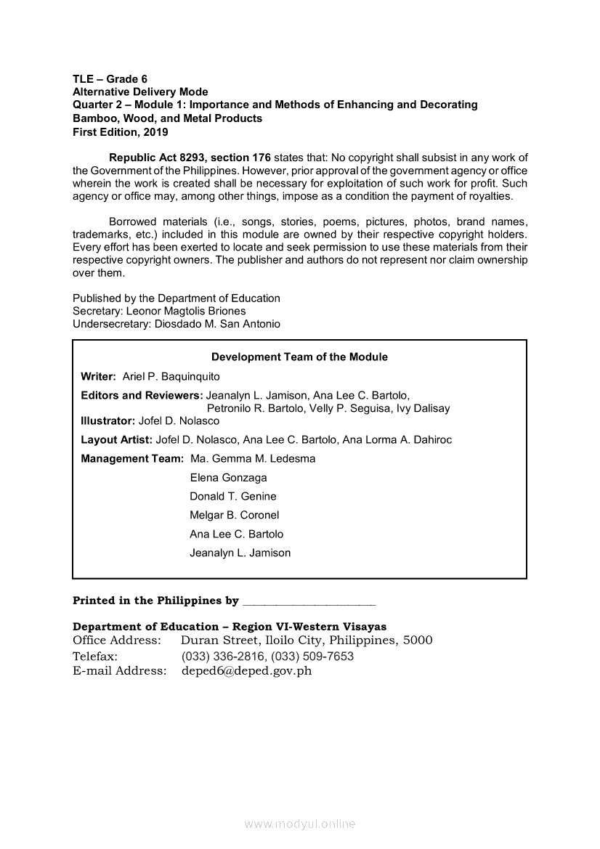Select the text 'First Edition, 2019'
(121, 132)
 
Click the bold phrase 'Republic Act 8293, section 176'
(190, 158)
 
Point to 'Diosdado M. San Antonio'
(217, 324)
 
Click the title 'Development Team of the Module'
(299, 357)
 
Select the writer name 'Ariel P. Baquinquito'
(171, 377)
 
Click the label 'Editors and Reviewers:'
(142, 396)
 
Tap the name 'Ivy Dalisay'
(423, 408)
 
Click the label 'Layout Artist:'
(117, 440)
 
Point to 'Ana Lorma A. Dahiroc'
(397, 440)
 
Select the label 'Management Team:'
(132, 459)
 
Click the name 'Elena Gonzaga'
(228, 478)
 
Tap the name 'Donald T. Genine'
(233, 497)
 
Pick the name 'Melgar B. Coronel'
(235, 516)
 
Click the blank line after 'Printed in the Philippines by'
(309, 602)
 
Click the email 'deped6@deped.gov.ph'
(246, 671)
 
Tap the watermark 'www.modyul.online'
(300, 824)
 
